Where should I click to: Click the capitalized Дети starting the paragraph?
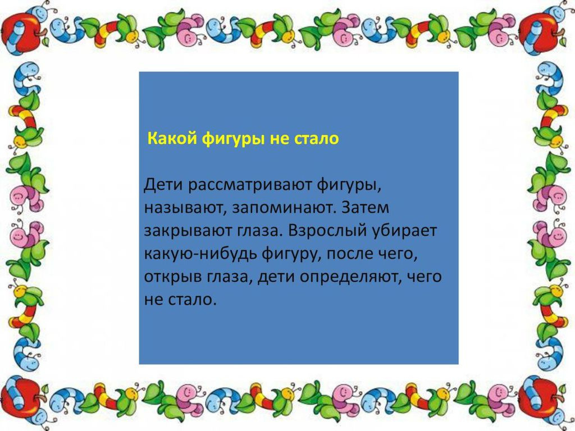click(x=163, y=185)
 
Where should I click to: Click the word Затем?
click(x=365, y=208)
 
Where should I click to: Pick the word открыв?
click(x=174, y=277)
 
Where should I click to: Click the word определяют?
click(x=349, y=278)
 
